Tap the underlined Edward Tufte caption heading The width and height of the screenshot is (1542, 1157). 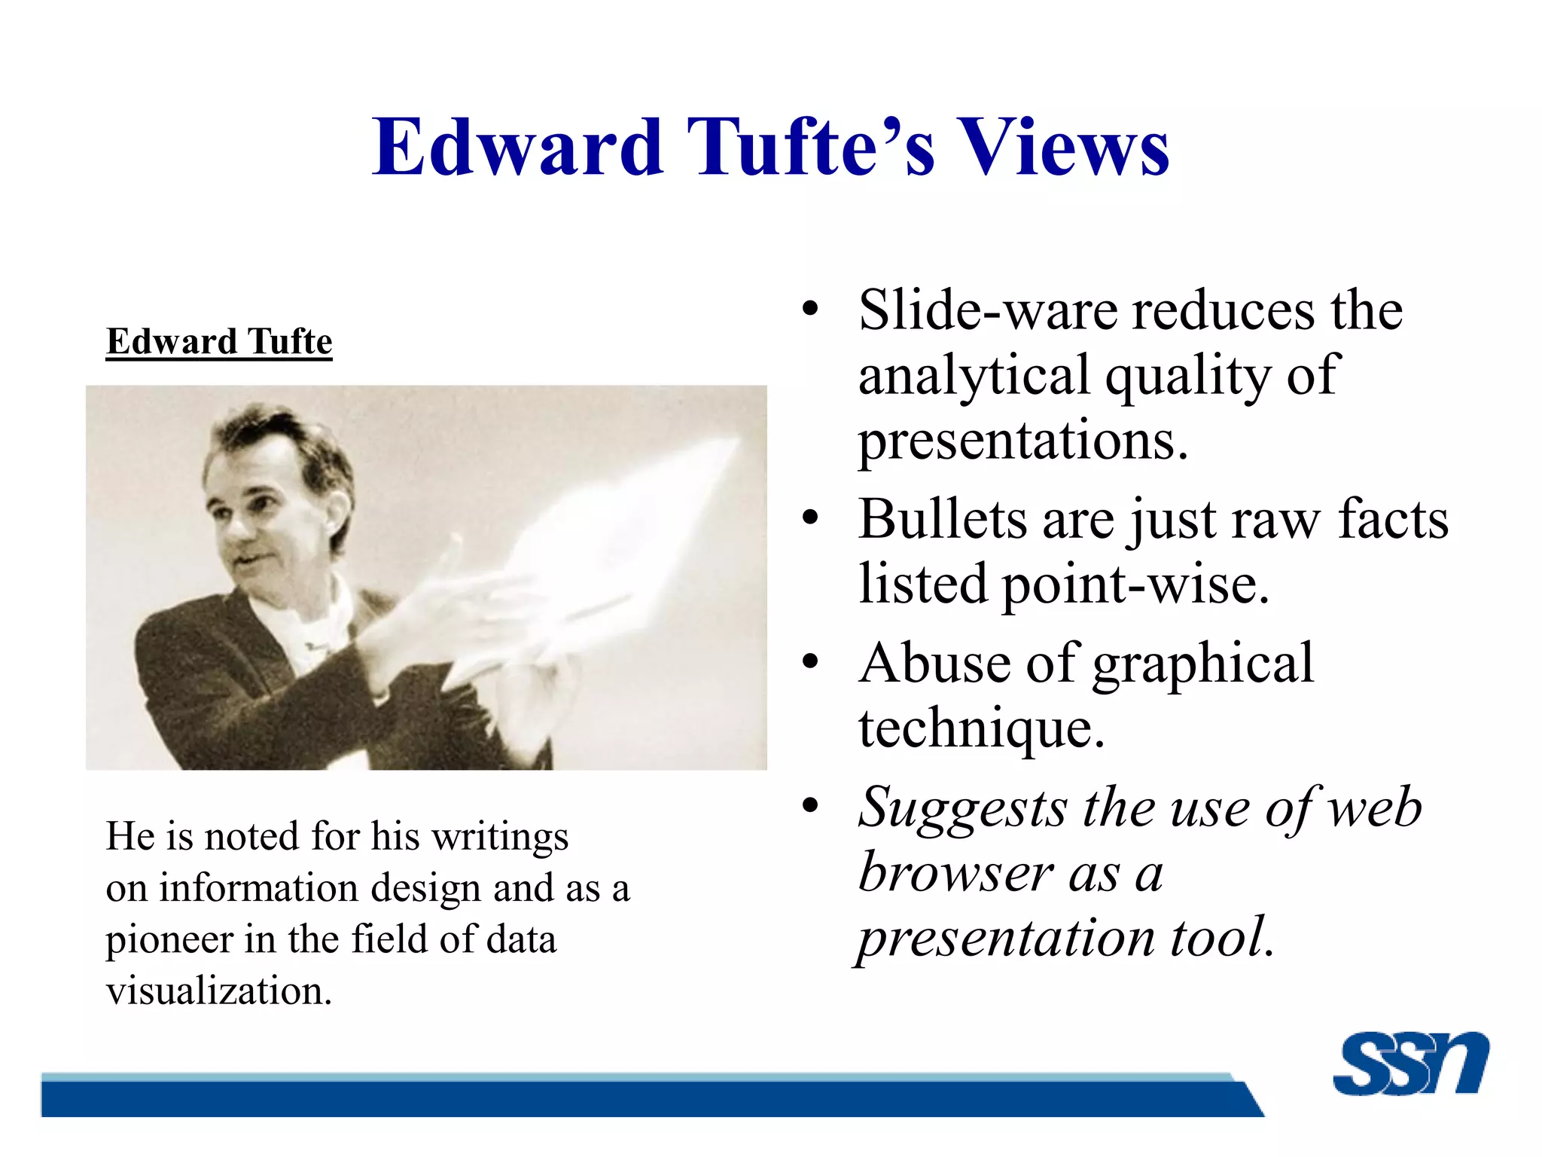219,342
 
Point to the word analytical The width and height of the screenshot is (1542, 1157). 974,376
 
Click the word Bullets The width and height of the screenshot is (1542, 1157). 943,519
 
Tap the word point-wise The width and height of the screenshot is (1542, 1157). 1135,584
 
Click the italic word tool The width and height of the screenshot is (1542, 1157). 1223,938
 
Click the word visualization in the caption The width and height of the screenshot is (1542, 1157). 219,991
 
